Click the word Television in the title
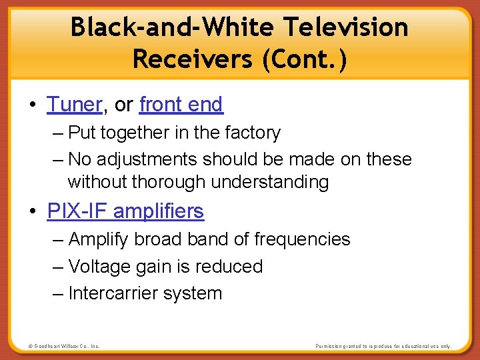click(345, 27)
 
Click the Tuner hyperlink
click(74, 105)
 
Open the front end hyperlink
click(181, 105)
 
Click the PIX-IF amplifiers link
click(125, 211)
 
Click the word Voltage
click(100, 267)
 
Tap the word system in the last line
click(195, 293)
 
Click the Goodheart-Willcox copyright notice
click(64, 347)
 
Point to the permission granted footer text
click(383, 347)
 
